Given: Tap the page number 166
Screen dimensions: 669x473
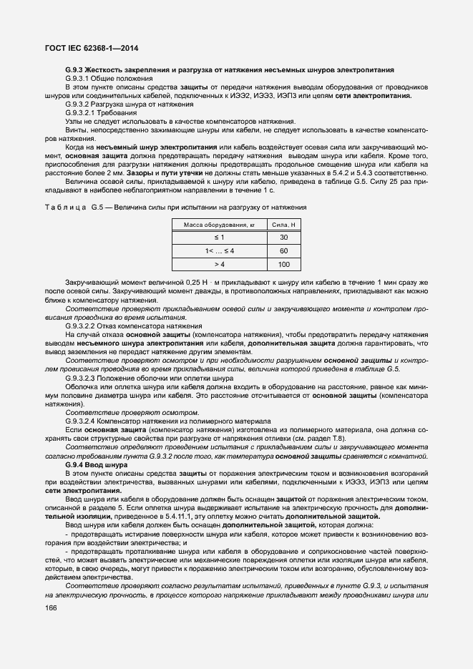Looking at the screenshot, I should (52, 607).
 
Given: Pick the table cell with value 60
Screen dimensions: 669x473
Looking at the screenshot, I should (283, 251).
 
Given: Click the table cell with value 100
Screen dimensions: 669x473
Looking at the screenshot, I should (283, 265).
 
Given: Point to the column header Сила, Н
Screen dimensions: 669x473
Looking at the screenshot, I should (283, 225).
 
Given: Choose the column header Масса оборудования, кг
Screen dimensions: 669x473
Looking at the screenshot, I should (219, 225).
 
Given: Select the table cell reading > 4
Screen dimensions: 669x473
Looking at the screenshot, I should (219, 265).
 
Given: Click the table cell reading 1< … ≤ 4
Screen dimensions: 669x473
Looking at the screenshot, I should (219, 251).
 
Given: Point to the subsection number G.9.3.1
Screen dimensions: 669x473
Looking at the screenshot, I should (77, 78).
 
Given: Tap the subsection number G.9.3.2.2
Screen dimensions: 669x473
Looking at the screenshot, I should (82, 326).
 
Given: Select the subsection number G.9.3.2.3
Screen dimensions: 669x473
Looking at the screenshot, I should (82, 376).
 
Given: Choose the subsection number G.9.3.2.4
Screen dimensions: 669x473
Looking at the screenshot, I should (82, 421).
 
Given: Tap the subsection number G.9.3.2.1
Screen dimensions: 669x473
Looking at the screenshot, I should (82, 113).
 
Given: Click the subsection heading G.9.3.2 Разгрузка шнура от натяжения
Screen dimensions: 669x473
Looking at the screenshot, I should (119, 105).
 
